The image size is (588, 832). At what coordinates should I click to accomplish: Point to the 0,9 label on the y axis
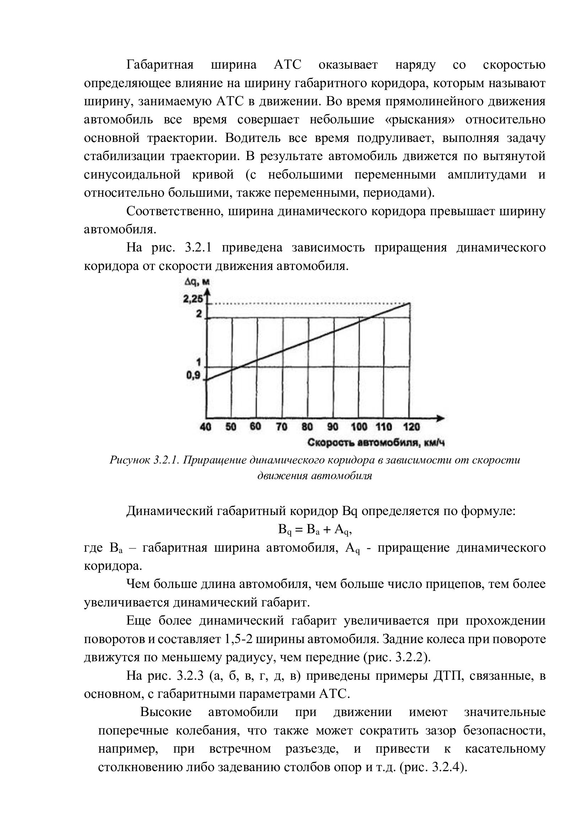coord(193,375)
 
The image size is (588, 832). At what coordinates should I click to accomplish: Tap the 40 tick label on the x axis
coord(205,427)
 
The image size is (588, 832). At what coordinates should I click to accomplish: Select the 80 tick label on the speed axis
coord(307,427)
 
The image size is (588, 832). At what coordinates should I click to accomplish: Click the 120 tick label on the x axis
coord(411,427)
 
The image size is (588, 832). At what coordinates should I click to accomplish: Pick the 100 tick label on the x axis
coord(359,427)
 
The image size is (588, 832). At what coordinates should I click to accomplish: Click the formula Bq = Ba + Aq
coord(315,530)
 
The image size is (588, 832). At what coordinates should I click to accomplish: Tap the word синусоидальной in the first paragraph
coord(132,175)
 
